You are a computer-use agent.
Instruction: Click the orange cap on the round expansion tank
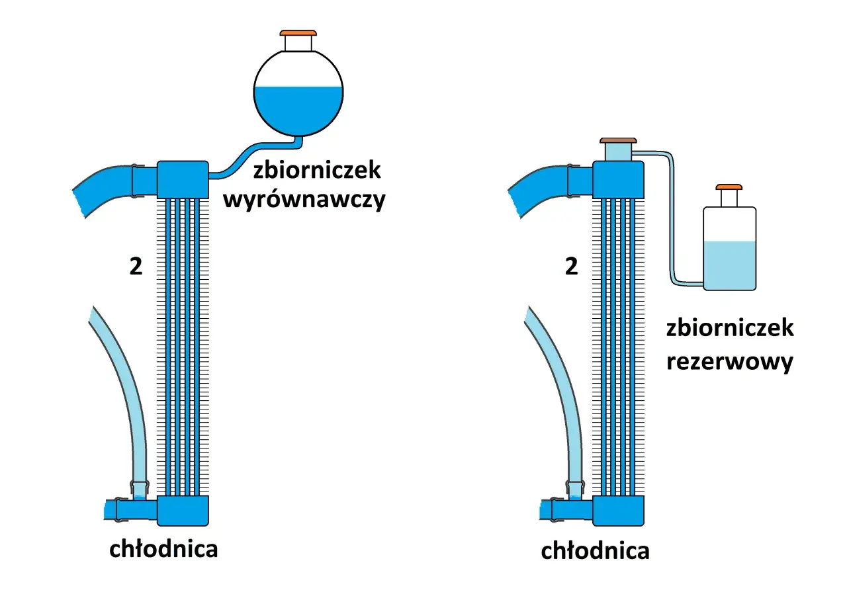tap(298, 32)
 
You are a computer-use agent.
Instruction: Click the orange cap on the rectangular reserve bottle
tap(729, 187)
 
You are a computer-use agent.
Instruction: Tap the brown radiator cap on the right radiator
tap(618, 140)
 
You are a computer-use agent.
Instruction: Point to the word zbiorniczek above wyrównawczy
tap(317, 170)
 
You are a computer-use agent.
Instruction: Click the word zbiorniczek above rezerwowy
tap(730, 328)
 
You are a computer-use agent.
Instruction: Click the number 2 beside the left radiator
tap(136, 268)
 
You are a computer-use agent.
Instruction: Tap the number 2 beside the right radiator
tap(572, 268)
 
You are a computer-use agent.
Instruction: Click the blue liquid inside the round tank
tap(298, 109)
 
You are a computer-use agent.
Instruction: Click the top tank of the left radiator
tap(183, 179)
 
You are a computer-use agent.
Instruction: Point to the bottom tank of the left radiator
tap(183, 510)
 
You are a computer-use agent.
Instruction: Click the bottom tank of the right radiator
tap(618, 510)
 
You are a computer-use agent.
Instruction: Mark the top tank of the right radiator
tap(618, 179)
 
